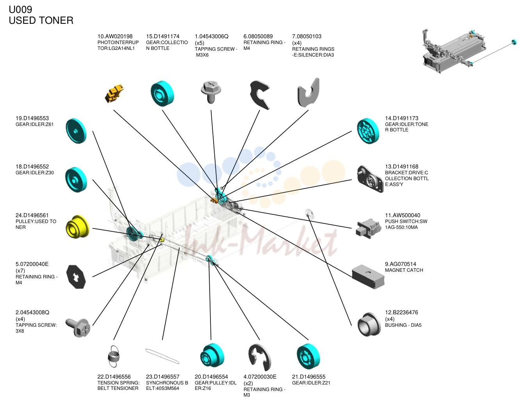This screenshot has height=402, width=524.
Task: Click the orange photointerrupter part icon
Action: [x=114, y=94]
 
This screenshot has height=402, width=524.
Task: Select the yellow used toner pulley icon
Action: [x=77, y=227]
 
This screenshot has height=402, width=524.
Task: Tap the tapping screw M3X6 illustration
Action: [x=211, y=92]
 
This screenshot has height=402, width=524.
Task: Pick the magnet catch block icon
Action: [x=368, y=276]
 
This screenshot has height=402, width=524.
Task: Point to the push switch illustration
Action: [x=369, y=228]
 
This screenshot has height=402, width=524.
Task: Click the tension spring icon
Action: [x=113, y=356]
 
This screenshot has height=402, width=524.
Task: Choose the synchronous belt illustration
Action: [x=162, y=356]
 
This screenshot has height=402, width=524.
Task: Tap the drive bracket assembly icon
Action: [x=370, y=179]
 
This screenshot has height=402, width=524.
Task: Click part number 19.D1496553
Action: [x=32, y=118]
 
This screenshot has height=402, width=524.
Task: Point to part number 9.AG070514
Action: [x=400, y=264]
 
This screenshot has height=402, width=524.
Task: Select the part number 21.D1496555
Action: [x=309, y=377]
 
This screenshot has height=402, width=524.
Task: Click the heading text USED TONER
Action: [x=41, y=20]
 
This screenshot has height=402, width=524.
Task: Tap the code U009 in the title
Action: [x=20, y=10]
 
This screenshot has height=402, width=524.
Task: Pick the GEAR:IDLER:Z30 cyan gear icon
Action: [x=76, y=180]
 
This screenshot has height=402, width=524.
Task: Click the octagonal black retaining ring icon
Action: [x=76, y=277]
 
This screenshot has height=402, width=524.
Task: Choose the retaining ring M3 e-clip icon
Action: [x=260, y=358]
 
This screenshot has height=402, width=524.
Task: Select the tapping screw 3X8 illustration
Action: [x=78, y=328]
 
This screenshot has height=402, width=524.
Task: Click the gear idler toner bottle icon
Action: [x=368, y=131]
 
